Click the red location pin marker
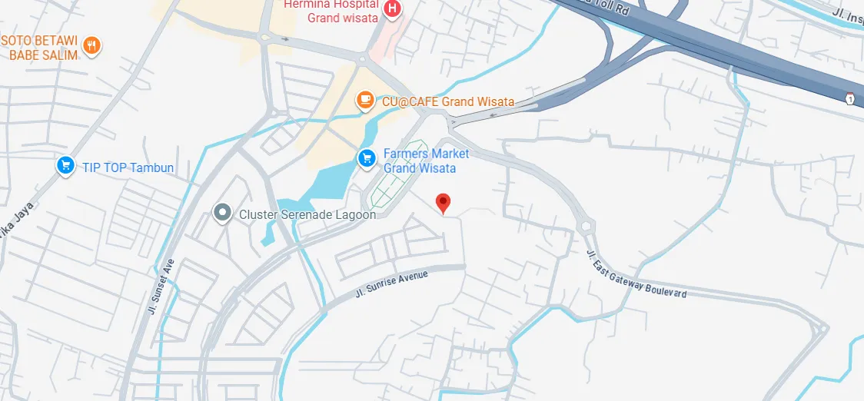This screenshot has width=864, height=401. pos(443,203)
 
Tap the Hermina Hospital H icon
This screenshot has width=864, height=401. pos(393,9)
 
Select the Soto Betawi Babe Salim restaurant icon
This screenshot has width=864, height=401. pos(92,45)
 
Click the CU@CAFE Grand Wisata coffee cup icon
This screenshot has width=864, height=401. pos(365,100)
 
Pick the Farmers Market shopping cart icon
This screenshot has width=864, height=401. pos(367,158)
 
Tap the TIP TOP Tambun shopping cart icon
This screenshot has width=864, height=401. pos(65,165)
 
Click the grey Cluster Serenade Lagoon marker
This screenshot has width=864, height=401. pos(223,212)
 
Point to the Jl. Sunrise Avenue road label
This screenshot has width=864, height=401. pos(391,283)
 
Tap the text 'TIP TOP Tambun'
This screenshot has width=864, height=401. pos(128,167)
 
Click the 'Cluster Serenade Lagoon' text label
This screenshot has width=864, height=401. pos(307,215)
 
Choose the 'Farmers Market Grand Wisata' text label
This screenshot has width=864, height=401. pos(425,161)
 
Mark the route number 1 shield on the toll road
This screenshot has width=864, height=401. pos(849,99)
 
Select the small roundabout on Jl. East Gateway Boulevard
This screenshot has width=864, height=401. pos(588,227)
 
